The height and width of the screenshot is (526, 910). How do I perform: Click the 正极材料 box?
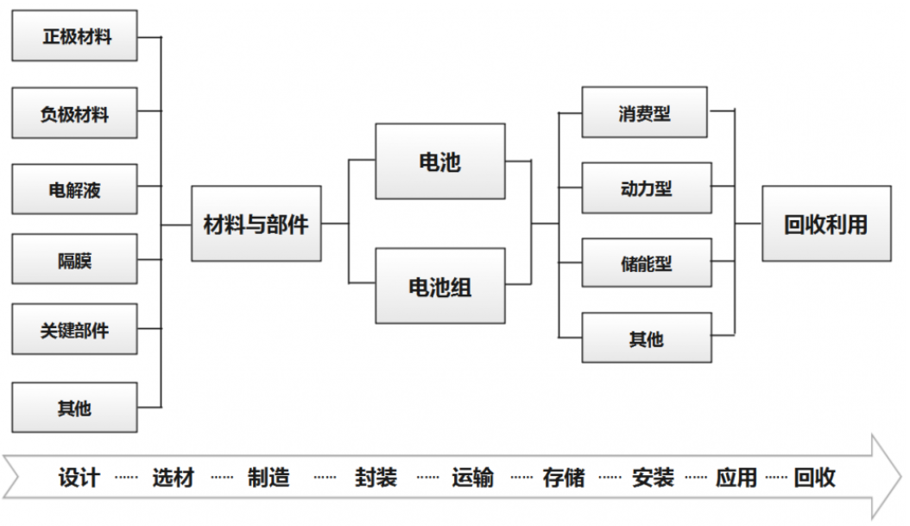[75, 35]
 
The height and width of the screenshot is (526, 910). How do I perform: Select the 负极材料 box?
[75, 113]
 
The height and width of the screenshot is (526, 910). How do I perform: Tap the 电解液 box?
[75, 189]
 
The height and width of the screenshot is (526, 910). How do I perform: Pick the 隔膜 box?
[75, 259]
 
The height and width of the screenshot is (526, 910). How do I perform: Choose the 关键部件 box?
[75, 329]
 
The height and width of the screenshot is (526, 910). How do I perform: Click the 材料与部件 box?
[256, 224]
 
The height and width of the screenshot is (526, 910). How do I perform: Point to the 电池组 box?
[440, 286]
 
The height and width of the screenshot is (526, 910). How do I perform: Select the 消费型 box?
[645, 112]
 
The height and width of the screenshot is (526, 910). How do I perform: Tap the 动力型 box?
[647, 188]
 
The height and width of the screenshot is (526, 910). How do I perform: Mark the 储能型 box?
[647, 263]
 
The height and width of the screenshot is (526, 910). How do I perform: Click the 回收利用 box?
[826, 224]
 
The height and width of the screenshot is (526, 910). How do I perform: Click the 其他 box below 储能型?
[647, 339]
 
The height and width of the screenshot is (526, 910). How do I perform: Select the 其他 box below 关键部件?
[75, 408]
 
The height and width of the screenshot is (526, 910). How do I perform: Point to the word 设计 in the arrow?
[79, 478]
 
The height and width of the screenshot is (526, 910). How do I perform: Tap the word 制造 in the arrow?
[269, 478]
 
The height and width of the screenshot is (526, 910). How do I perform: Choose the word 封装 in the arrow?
[376, 478]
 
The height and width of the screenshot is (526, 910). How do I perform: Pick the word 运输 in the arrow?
[473, 478]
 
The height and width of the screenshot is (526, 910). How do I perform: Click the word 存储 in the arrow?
[564, 478]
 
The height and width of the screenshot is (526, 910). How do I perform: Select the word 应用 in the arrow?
[736, 478]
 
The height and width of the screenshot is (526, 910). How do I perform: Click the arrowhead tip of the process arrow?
[901, 478]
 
